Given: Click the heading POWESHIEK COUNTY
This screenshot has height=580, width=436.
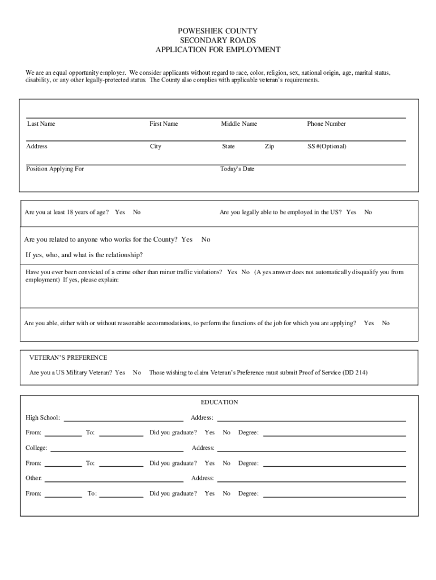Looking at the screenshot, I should (x=218, y=31).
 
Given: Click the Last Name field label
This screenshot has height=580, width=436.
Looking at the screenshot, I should (x=41, y=123).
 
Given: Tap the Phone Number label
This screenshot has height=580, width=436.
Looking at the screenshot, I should (x=326, y=123).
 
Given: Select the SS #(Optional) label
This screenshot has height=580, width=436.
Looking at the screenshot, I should (x=327, y=146).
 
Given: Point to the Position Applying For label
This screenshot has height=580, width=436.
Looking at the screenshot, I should (x=55, y=169).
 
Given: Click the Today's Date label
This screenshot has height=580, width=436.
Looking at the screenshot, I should (x=237, y=169).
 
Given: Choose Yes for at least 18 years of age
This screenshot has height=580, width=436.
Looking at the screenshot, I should (x=120, y=212).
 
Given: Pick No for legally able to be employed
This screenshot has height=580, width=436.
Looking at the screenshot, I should (x=368, y=212).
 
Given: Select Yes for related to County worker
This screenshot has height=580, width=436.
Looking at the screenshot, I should (x=187, y=240).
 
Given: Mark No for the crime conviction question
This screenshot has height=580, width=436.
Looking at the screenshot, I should (x=245, y=272).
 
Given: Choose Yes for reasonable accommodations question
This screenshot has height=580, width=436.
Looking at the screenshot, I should (x=369, y=323).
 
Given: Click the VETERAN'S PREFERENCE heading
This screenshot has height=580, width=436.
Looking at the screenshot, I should (x=68, y=357).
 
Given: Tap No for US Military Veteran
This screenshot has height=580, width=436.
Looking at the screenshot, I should (x=137, y=373).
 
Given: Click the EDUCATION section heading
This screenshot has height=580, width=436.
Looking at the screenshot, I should (x=219, y=402).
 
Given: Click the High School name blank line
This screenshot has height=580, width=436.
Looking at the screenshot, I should (x=123, y=420).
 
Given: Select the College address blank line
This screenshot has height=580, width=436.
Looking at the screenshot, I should (x=311, y=450).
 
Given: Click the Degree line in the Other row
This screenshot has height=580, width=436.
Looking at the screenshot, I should (x=334, y=496).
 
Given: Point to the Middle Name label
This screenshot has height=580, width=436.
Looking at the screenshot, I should (x=239, y=123).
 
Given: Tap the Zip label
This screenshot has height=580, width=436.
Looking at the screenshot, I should (x=270, y=146).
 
